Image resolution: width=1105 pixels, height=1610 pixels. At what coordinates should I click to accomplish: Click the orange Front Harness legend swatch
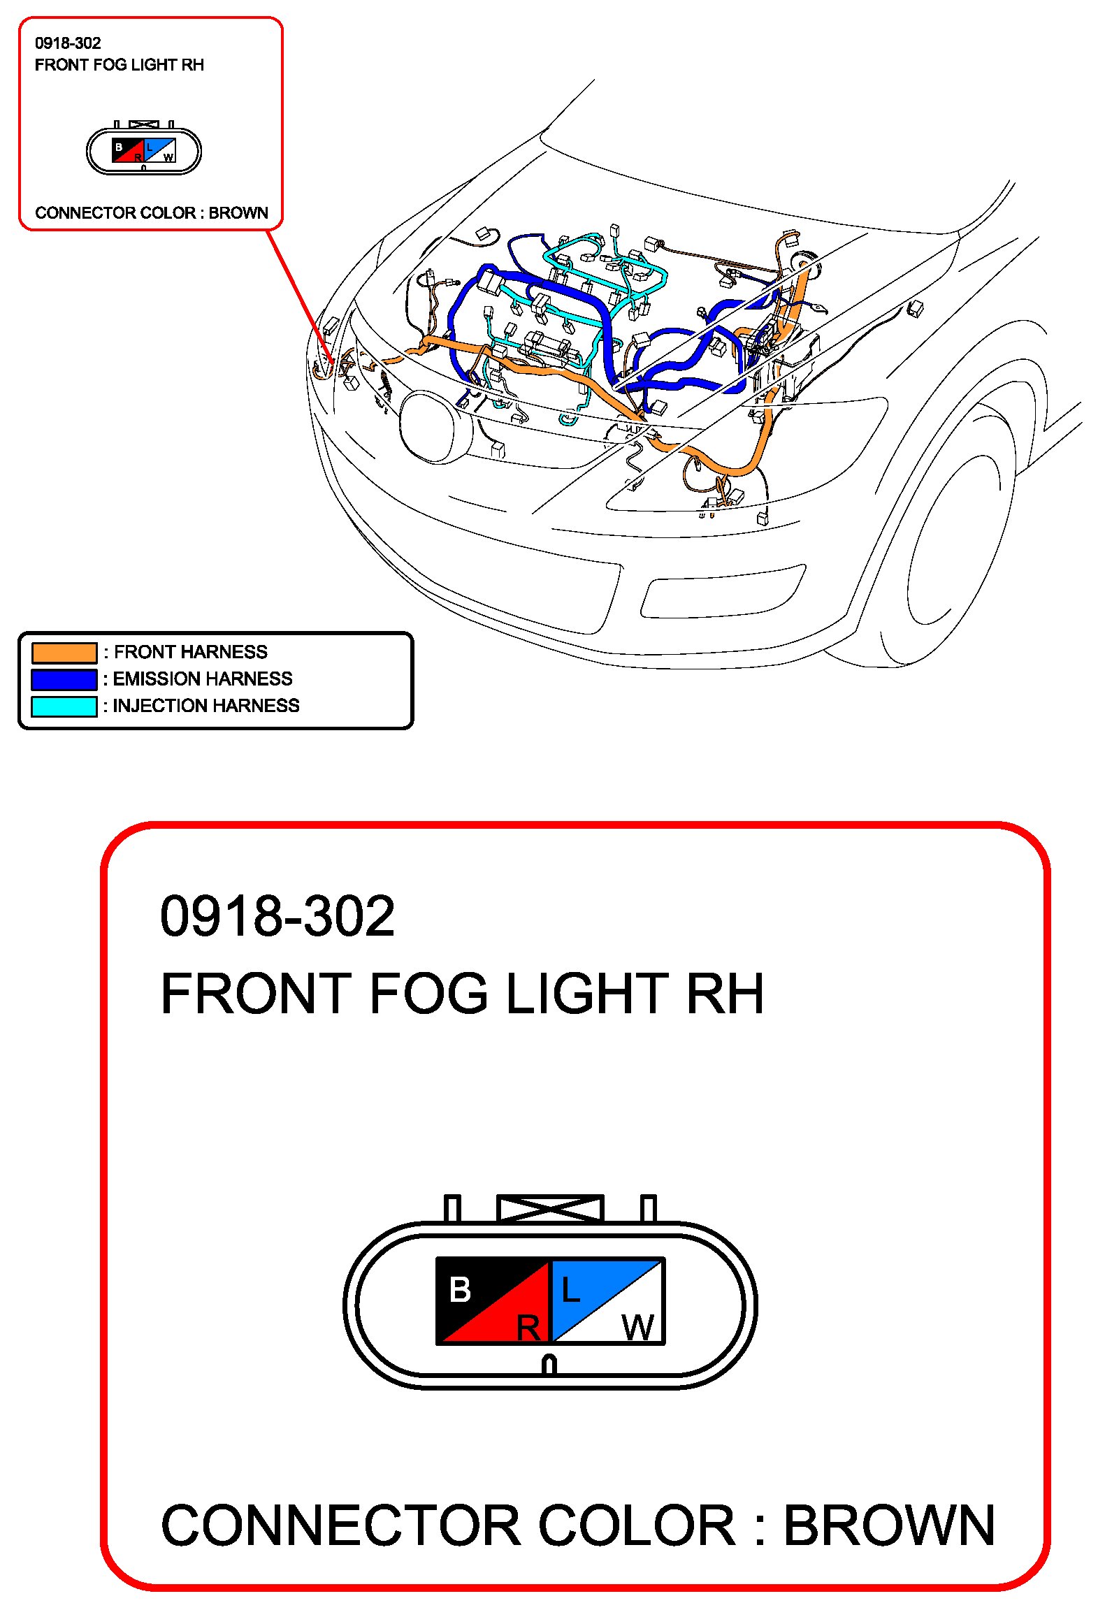64,653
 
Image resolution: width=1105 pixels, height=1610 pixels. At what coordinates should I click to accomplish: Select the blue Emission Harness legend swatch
64,679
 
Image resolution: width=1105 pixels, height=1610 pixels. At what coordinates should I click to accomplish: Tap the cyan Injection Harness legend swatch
64,706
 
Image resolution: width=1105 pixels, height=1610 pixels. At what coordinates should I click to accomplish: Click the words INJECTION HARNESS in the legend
206,706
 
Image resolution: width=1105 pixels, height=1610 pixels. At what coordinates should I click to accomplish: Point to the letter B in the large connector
460,1290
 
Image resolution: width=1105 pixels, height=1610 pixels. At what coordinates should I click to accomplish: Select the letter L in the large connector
570,1290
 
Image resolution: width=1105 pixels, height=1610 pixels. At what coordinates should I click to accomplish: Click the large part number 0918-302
277,916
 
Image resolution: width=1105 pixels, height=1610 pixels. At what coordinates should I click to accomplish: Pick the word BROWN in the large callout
890,1525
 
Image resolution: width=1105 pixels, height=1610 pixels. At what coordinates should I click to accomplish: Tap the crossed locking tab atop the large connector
550,1208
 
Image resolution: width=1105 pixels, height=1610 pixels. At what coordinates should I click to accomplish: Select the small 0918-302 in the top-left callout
68,43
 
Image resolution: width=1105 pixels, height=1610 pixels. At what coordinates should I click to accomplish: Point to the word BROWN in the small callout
238,212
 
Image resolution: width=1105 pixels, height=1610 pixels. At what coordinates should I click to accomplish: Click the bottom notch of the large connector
549,1365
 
